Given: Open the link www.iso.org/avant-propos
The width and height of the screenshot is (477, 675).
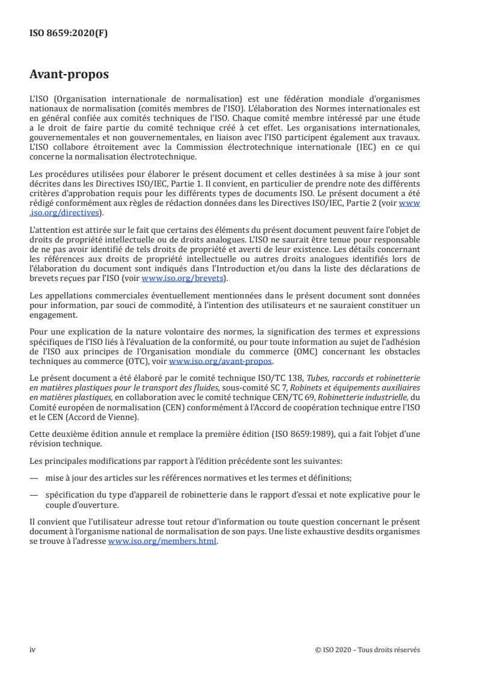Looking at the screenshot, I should point(221,362).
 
